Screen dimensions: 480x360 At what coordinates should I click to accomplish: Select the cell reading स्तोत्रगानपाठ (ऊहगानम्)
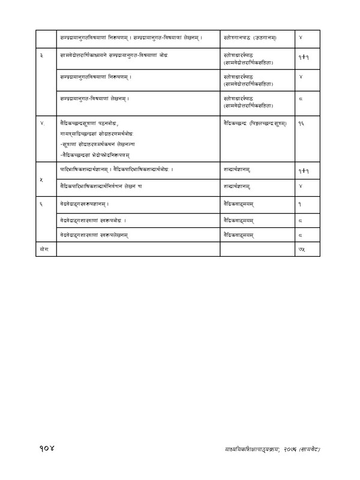pos(251,38)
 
